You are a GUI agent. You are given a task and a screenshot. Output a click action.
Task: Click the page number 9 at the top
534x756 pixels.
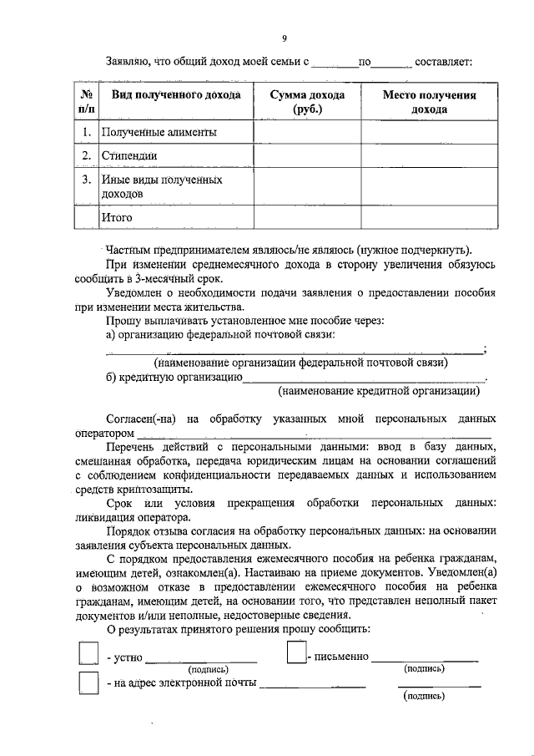pos(285,38)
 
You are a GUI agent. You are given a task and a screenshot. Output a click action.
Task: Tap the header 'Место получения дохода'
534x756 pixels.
pos(429,102)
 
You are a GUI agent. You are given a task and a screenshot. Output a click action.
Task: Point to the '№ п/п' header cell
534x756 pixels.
pos(86,102)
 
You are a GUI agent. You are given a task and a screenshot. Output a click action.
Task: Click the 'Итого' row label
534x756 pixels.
pos(117,217)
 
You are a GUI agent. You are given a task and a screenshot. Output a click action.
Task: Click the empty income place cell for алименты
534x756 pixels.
pos(429,133)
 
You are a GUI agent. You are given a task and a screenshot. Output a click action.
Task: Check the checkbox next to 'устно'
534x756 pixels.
pos(88,652)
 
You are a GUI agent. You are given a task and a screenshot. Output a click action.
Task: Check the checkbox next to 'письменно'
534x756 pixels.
pos(295,652)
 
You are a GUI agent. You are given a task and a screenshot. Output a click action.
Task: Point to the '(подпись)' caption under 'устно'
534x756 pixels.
pos(209,669)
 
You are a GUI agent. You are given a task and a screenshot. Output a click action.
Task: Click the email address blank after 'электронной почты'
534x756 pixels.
pos(312,685)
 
